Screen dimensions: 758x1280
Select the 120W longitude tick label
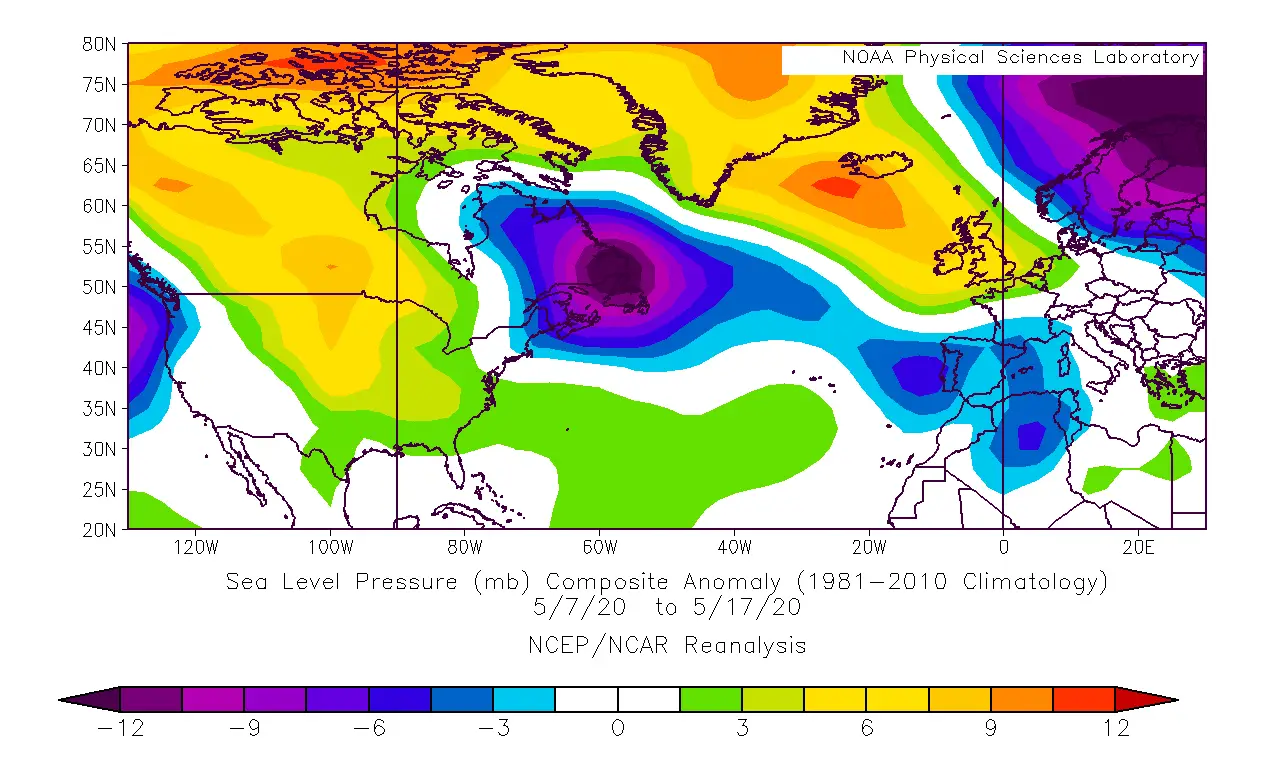point(195,547)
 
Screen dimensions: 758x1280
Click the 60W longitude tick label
point(599,547)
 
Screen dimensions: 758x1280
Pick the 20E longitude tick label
point(1138,547)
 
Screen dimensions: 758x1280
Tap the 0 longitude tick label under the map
point(1003,547)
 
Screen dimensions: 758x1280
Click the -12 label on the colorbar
point(120,729)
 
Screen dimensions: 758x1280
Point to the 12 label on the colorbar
point(1115,729)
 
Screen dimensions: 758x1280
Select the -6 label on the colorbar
point(369,729)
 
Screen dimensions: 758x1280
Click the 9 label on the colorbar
point(991,729)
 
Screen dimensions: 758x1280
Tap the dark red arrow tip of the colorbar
point(1160,699)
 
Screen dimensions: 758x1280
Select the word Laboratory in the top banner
point(1145,57)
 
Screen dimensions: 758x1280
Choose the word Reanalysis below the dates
point(745,646)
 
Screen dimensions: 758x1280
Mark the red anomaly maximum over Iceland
point(835,186)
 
